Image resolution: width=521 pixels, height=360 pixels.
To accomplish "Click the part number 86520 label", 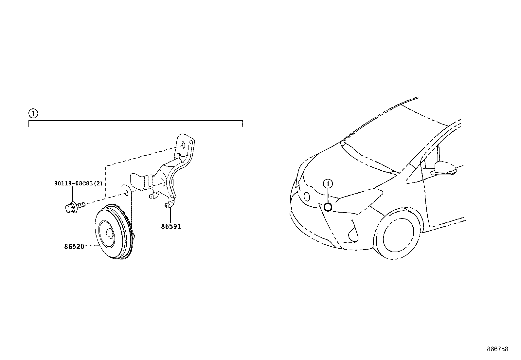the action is (x=74, y=246).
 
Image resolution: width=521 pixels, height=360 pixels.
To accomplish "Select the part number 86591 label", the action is (x=171, y=226).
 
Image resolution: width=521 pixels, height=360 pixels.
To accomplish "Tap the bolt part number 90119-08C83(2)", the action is (x=79, y=183).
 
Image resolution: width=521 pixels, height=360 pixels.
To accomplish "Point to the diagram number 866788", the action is (x=498, y=349).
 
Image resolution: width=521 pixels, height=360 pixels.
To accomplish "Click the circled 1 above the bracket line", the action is (x=33, y=113).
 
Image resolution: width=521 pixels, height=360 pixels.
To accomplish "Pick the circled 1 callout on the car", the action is (x=328, y=184).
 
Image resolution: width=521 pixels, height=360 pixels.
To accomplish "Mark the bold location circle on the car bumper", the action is (x=328, y=207).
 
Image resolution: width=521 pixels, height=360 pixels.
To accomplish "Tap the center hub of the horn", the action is (x=109, y=233).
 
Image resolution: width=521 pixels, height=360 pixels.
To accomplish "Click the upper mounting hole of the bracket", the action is (x=183, y=145).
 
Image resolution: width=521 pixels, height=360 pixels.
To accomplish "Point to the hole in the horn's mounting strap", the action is (x=126, y=192).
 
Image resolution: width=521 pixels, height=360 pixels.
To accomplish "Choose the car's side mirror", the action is (x=445, y=168).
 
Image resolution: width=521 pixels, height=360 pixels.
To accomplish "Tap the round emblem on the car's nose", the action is (x=307, y=197).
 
